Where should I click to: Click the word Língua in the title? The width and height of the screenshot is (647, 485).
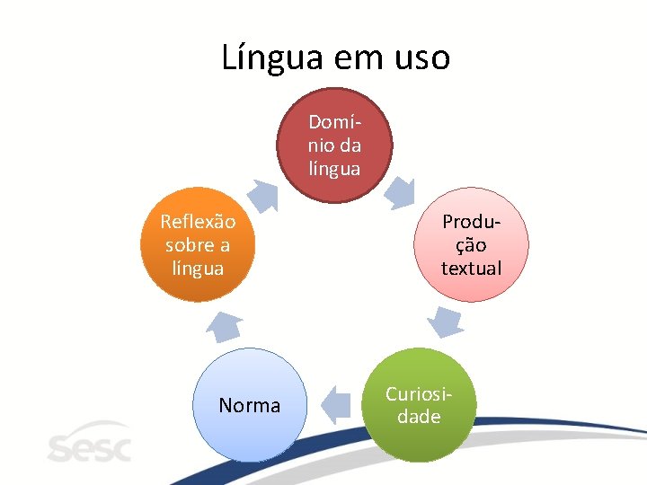(271, 58)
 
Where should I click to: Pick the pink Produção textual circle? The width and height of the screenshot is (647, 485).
(471, 244)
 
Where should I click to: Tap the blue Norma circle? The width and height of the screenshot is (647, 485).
(250, 405)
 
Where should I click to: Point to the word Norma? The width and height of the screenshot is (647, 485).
(250, 406)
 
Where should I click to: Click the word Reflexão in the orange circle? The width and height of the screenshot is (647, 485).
(198, 222)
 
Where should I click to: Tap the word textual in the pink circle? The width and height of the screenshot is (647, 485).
(471, 268)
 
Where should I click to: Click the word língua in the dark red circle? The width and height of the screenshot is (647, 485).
(334, 168)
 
